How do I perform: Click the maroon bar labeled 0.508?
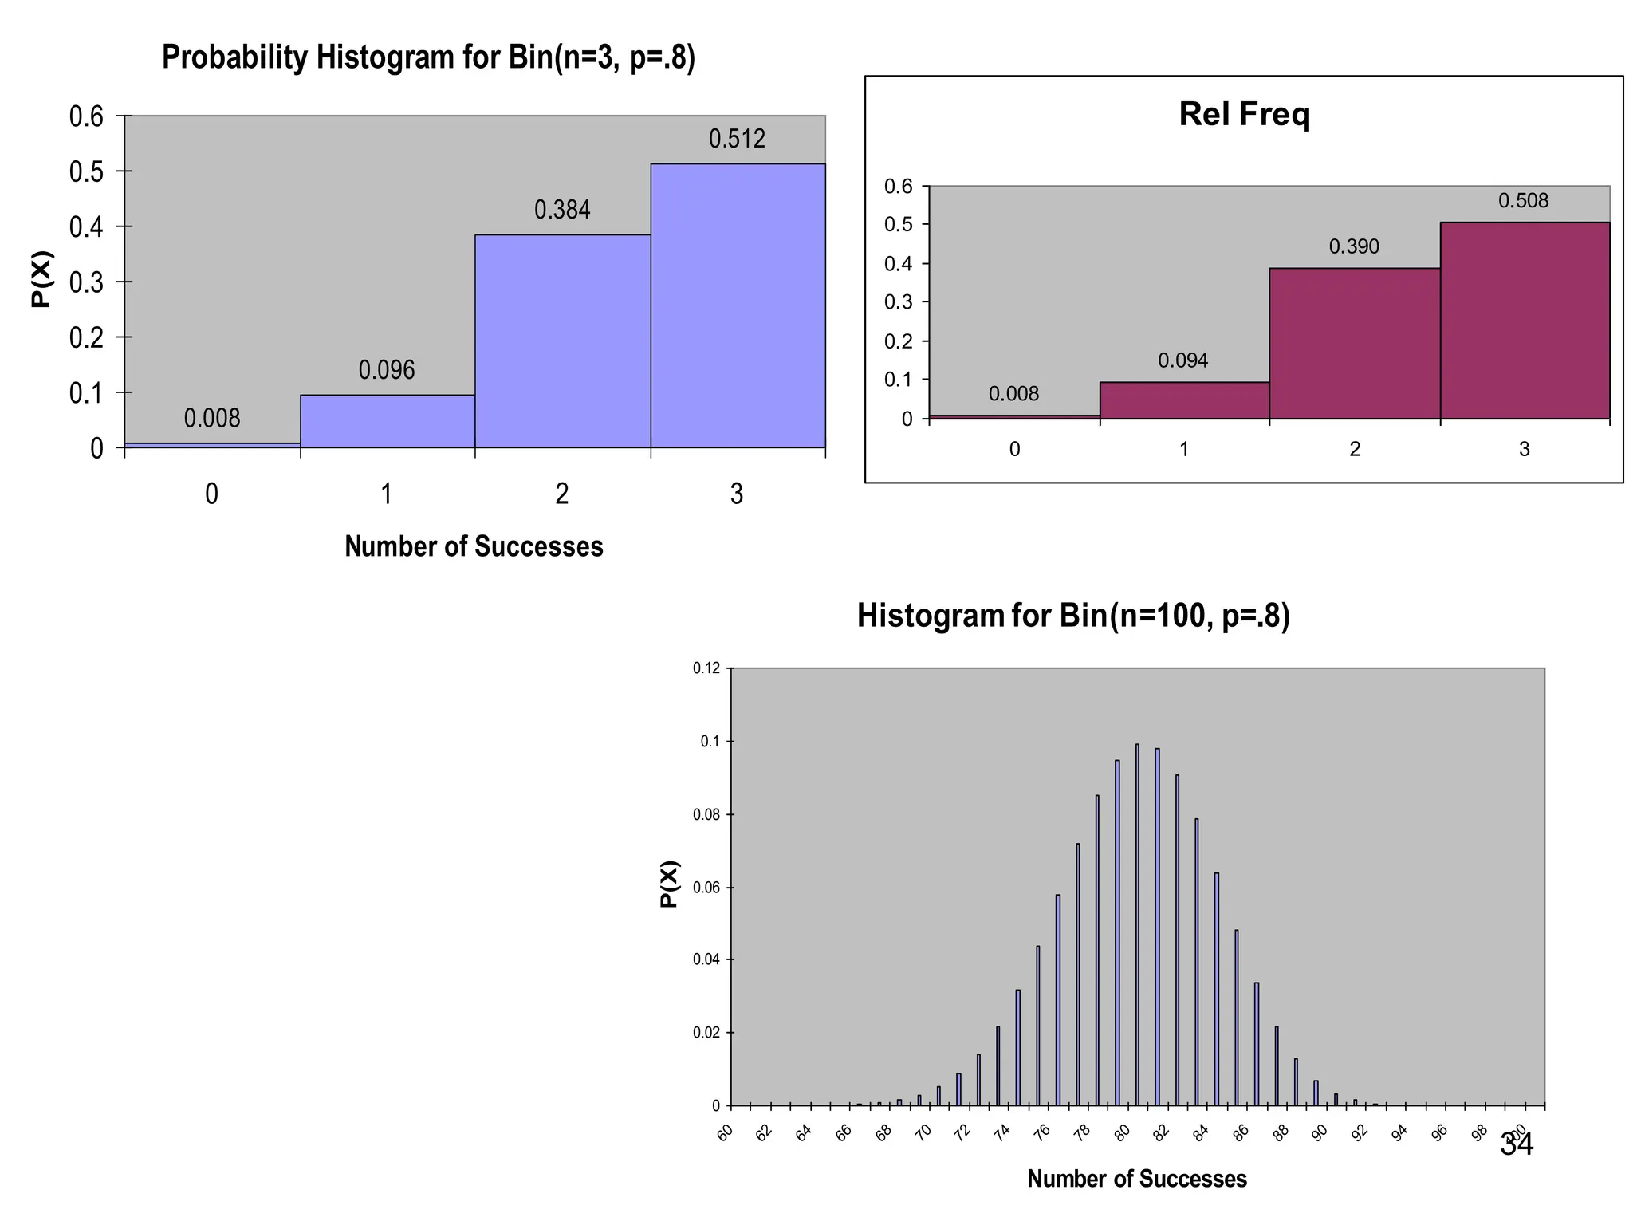coord(1525,321)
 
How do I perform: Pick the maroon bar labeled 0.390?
coord(1354,344)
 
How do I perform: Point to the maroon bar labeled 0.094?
coord(1184,400)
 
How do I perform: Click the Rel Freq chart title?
coord(1244,114)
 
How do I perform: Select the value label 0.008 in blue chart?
coord(212,418)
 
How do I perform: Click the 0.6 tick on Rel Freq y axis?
coord(899,187)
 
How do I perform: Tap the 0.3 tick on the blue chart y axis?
coord(86,282)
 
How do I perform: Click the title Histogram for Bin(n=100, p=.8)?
coord(1073,616)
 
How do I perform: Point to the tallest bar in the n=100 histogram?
coord(1137,925)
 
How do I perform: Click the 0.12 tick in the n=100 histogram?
coord(706,668)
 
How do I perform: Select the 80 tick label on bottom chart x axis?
coord(1123,1132)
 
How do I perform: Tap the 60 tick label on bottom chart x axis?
coord(725,1132)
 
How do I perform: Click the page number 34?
coord(1516,1144)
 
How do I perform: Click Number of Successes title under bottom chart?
coord(1136,1179)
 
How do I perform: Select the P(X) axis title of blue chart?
coord(41,279)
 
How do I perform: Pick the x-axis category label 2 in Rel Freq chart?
coord(1354,449)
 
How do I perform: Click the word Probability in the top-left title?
coord(235,58)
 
